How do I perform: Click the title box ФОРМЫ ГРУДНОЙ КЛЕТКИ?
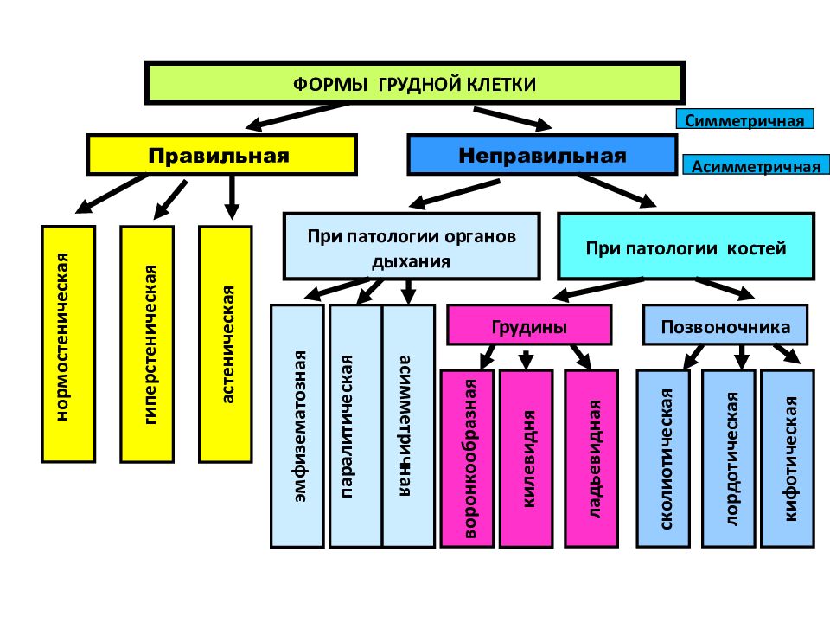pos(414,83)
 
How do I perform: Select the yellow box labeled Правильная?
pos(222,155)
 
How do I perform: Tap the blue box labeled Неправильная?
pos(542,155)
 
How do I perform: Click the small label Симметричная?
pos(744,119)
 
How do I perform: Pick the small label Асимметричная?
pos(756,165)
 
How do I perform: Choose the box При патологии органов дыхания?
pos(412,247)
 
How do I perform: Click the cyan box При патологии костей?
pos(686,247)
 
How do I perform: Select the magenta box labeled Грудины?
pos(529,324)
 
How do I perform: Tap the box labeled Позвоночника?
pos(725,324)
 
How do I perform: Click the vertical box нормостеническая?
pos(68,344)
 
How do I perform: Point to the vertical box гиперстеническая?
pos(147,344)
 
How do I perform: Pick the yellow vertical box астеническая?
pos(226,344)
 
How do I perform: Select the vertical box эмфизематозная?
pos(297,426)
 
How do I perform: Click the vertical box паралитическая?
pos(355,426)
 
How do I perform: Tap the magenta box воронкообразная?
pos(468,459)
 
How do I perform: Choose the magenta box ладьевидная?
pos(591,459)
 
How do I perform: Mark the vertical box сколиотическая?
pos(663,459)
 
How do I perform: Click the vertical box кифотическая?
pos(788,459)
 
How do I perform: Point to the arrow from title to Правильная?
pos(297,117)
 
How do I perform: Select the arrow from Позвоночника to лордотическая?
pos(742,357)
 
